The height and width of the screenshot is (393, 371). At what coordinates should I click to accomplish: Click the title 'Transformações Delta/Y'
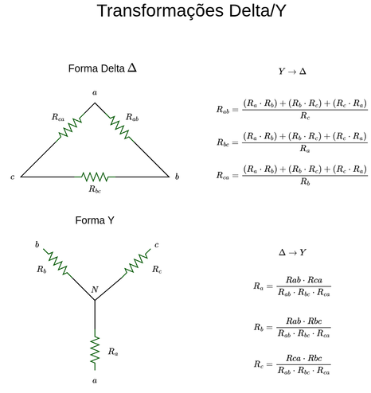[x=191, y=11]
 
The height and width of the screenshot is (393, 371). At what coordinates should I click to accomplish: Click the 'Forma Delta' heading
[x=96, y=68]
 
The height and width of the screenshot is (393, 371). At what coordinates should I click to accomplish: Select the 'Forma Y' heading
[x=95, y=220]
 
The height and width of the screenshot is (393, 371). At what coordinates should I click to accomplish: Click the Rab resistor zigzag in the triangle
[x=119, y=127]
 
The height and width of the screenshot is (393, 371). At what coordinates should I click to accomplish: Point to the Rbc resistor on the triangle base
[x=95, y=177]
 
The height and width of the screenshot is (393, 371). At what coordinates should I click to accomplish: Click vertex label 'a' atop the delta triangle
[x=95, y=92]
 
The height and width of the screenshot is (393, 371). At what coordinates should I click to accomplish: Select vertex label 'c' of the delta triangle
[x=13, y=177]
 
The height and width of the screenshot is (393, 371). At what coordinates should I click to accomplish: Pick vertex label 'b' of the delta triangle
[x=177, y=177]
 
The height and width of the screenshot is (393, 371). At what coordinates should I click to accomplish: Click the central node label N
[x=95, y=290]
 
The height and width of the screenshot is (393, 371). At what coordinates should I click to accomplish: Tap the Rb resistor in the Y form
[x=57, y=263]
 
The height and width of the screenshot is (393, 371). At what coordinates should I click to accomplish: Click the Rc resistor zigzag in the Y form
[x=136, y=263]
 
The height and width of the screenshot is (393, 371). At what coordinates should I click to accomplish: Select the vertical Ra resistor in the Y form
[x=95, y=349]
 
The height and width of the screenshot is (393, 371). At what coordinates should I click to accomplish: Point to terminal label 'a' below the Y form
[x=95, y=381]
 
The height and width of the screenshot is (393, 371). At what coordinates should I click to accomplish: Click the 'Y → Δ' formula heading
[x=292, y=72]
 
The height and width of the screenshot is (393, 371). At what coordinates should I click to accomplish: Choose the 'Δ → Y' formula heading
[x=292, y=252]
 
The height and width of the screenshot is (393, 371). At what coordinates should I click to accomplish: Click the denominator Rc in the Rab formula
[x=305, y=115]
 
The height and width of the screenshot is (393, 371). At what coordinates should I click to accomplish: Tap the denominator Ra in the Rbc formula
[x=305, y=149]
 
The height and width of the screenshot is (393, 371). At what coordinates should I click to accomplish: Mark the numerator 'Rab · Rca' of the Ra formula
[x=304, y=280]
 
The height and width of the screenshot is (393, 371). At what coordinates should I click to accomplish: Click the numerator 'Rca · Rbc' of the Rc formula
[x=304, y=358]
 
